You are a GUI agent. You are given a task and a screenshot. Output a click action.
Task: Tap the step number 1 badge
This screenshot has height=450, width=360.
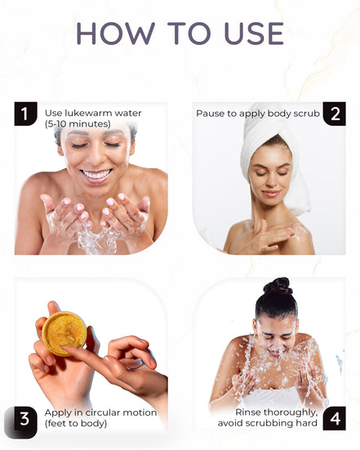25,114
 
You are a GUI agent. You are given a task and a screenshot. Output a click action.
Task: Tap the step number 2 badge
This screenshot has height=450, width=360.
334,114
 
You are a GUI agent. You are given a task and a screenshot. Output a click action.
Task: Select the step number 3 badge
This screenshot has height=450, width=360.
25,420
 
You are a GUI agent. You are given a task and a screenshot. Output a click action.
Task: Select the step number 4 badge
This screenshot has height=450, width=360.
334,420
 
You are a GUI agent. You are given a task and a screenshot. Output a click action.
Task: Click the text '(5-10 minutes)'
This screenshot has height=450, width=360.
78,123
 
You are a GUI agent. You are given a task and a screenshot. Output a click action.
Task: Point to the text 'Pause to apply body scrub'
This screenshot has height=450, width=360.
258,113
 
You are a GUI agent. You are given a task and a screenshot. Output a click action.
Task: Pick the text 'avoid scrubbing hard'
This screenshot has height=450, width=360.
268,424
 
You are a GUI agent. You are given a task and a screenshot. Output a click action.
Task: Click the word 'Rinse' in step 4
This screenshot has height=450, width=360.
250,412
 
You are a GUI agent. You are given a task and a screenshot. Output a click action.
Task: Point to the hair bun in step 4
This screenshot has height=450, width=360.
278,286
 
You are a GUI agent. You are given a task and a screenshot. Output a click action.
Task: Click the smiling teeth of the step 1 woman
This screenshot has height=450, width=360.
97,174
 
